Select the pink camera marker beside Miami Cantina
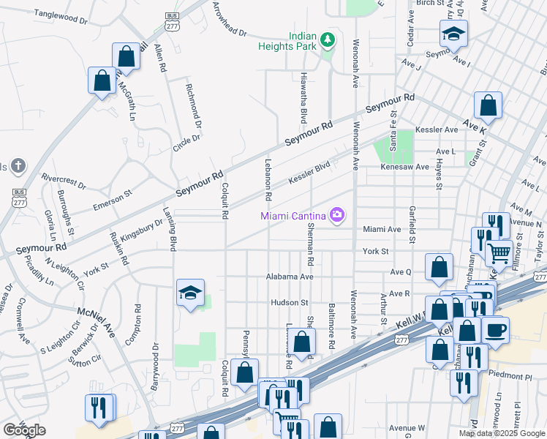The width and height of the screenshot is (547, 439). point(337,214)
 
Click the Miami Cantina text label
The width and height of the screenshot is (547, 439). point(295,215)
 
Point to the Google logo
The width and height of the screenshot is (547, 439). point(24,430)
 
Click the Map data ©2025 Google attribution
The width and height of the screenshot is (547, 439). point(502,433)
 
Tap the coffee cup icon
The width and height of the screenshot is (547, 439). point(495,329)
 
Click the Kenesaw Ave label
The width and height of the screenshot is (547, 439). point(404,167)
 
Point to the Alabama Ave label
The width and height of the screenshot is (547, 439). point(290,277)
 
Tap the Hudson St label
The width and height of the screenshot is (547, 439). point(284,302)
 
